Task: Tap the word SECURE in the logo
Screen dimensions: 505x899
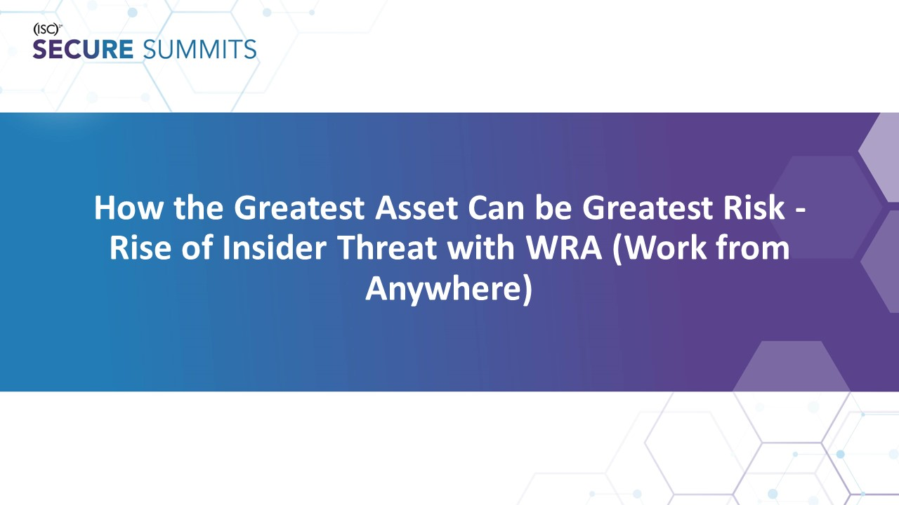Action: (83, 50)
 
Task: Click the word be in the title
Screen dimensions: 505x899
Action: (554, 208)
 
